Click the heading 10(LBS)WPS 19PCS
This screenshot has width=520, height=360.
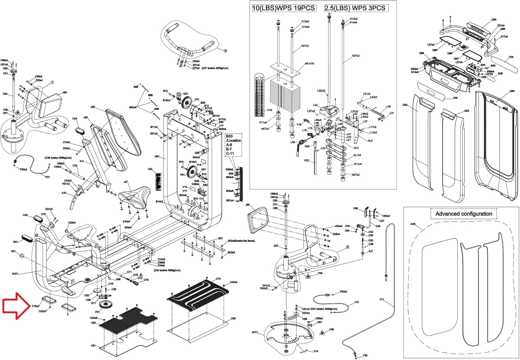pyautogui.click(x=284, y=8)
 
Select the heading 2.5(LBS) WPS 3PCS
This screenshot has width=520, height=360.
pyautogui.click(x=355, y=8)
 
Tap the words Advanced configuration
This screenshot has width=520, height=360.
pyautogui.click(x=463, y=214)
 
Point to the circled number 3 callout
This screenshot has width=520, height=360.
pyautogui.click(x=225, y=51)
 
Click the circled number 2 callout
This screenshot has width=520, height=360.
pyautogui.click(x=347, y=247)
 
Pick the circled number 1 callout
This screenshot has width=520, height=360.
pyautogui.click(x=52, y=83)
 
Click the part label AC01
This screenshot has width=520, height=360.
pyautogui.click(x=15, y=274)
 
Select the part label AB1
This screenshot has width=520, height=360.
pyautogui.click(x=157, y=157)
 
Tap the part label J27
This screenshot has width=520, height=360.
pyautogui.click(x=125, y=182)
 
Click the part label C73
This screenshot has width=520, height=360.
pyautogui.click(x=218, y=279)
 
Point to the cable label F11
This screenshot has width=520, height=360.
pyautogui.click(x=382, y=299)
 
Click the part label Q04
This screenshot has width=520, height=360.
pyautogui.click(x=405, y=105)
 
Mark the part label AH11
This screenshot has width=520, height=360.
pyautogui.click(x=255, y=332)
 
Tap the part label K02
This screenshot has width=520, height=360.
pyautogui.click(x=306, y=160)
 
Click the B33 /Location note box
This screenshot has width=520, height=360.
pyautogui.click(x=233, y=145)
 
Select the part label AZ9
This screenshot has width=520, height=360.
pyautogui.click(x=413, y=224)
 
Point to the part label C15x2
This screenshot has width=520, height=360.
pyautogui.click(x=35, y=306)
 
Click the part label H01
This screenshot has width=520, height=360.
pyautogui.click(x=13, y=251)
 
